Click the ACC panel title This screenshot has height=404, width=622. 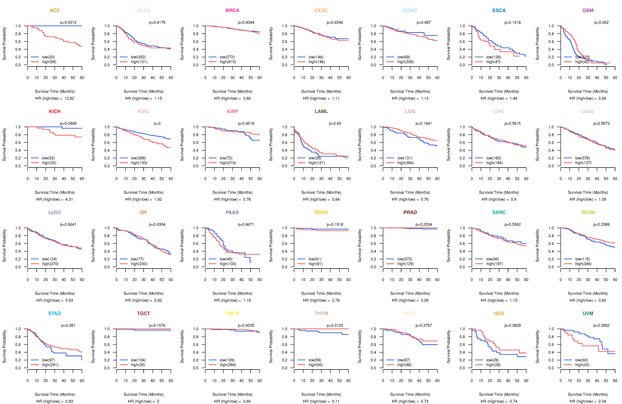pyautogui.click(x=55, y=10)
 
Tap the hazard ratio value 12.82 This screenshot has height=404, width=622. pyautogui.click(x=69, y=98)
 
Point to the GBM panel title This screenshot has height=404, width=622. pyautogui.click(x=588, y=10)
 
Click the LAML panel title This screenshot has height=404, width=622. pyautogui.click(x=321, y=111)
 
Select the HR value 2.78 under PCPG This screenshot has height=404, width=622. pyautogui.click(x=336, y=300)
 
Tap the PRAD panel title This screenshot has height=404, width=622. pyautogui.click(x=410, y=212)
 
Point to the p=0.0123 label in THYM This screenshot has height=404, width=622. pyautogui.click(x=335, y=325)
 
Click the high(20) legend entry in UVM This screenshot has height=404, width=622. pyautogui.click(x=582, y=365)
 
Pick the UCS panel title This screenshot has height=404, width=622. pyautogui.click(x=499, y=313)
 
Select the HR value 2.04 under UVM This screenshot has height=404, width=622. pyautogui.click(x=602, y=401)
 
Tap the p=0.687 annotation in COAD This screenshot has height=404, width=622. pyautogui.click(x=424, y=22)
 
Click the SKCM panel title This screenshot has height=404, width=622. pyautogui.click(x=588, y=212)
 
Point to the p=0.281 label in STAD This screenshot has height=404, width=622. pyautogui.click(x=68, y=325)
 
